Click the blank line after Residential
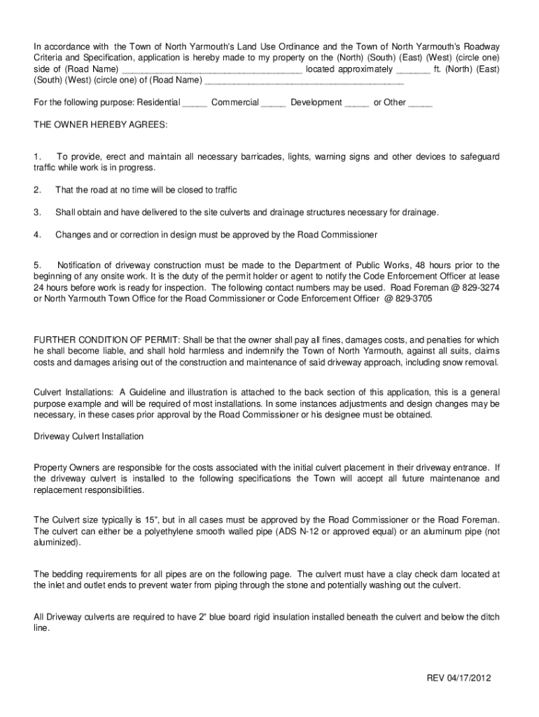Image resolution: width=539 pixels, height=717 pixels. click(195, 103)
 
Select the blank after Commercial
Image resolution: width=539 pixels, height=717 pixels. click(273, 103)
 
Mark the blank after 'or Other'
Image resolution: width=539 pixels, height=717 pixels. click(420, 103)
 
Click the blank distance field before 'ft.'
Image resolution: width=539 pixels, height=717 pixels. click(413, 70)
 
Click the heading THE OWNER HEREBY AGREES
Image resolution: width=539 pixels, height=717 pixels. click(101, 124)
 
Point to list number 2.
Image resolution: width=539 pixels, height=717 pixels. click(38, 190)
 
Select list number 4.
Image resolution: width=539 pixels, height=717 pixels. click(38, 235)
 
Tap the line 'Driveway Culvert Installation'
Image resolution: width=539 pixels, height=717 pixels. click(89, 436)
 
